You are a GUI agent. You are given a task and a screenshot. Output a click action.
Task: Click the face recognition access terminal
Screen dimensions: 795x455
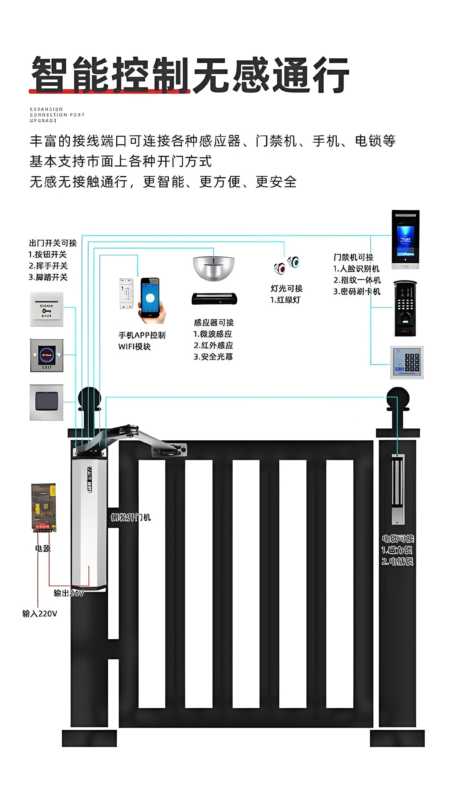coord(405,239)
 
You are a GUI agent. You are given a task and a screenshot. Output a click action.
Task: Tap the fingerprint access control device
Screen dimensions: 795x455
coord(405,308)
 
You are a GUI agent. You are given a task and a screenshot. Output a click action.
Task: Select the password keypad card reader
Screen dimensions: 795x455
coord(407,362)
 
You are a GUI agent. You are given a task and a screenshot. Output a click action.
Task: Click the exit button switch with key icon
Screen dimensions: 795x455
coord(46,309)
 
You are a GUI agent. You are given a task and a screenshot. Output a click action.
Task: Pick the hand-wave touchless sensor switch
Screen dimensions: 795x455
coord(46,355)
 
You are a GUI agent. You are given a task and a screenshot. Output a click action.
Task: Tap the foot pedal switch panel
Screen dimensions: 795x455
coord(46,402)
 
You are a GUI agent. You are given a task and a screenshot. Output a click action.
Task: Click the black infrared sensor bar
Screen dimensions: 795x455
coord(214,299)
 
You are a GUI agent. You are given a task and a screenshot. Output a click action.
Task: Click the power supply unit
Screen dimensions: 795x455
coord(44,507)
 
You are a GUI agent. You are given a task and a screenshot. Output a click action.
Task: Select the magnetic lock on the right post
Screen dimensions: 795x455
coord(398,489)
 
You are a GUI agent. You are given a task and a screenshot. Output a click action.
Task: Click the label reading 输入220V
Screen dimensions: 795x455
coord(40,614)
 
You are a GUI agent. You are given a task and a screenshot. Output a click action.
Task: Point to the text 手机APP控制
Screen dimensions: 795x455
coord(142,335)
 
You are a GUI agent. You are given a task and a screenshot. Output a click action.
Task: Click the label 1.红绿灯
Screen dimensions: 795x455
coord(285,300)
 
